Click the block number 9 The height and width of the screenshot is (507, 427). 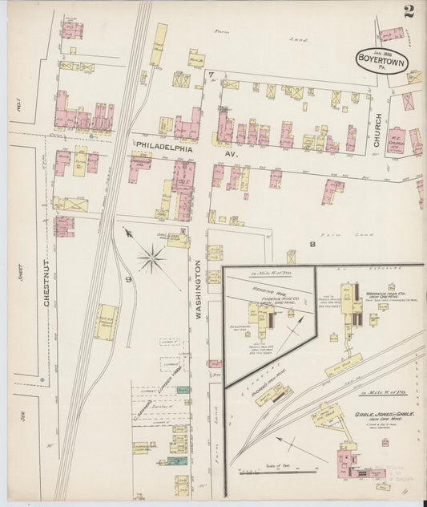pos(127,279)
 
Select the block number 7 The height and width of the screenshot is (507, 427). pos(211,75)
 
